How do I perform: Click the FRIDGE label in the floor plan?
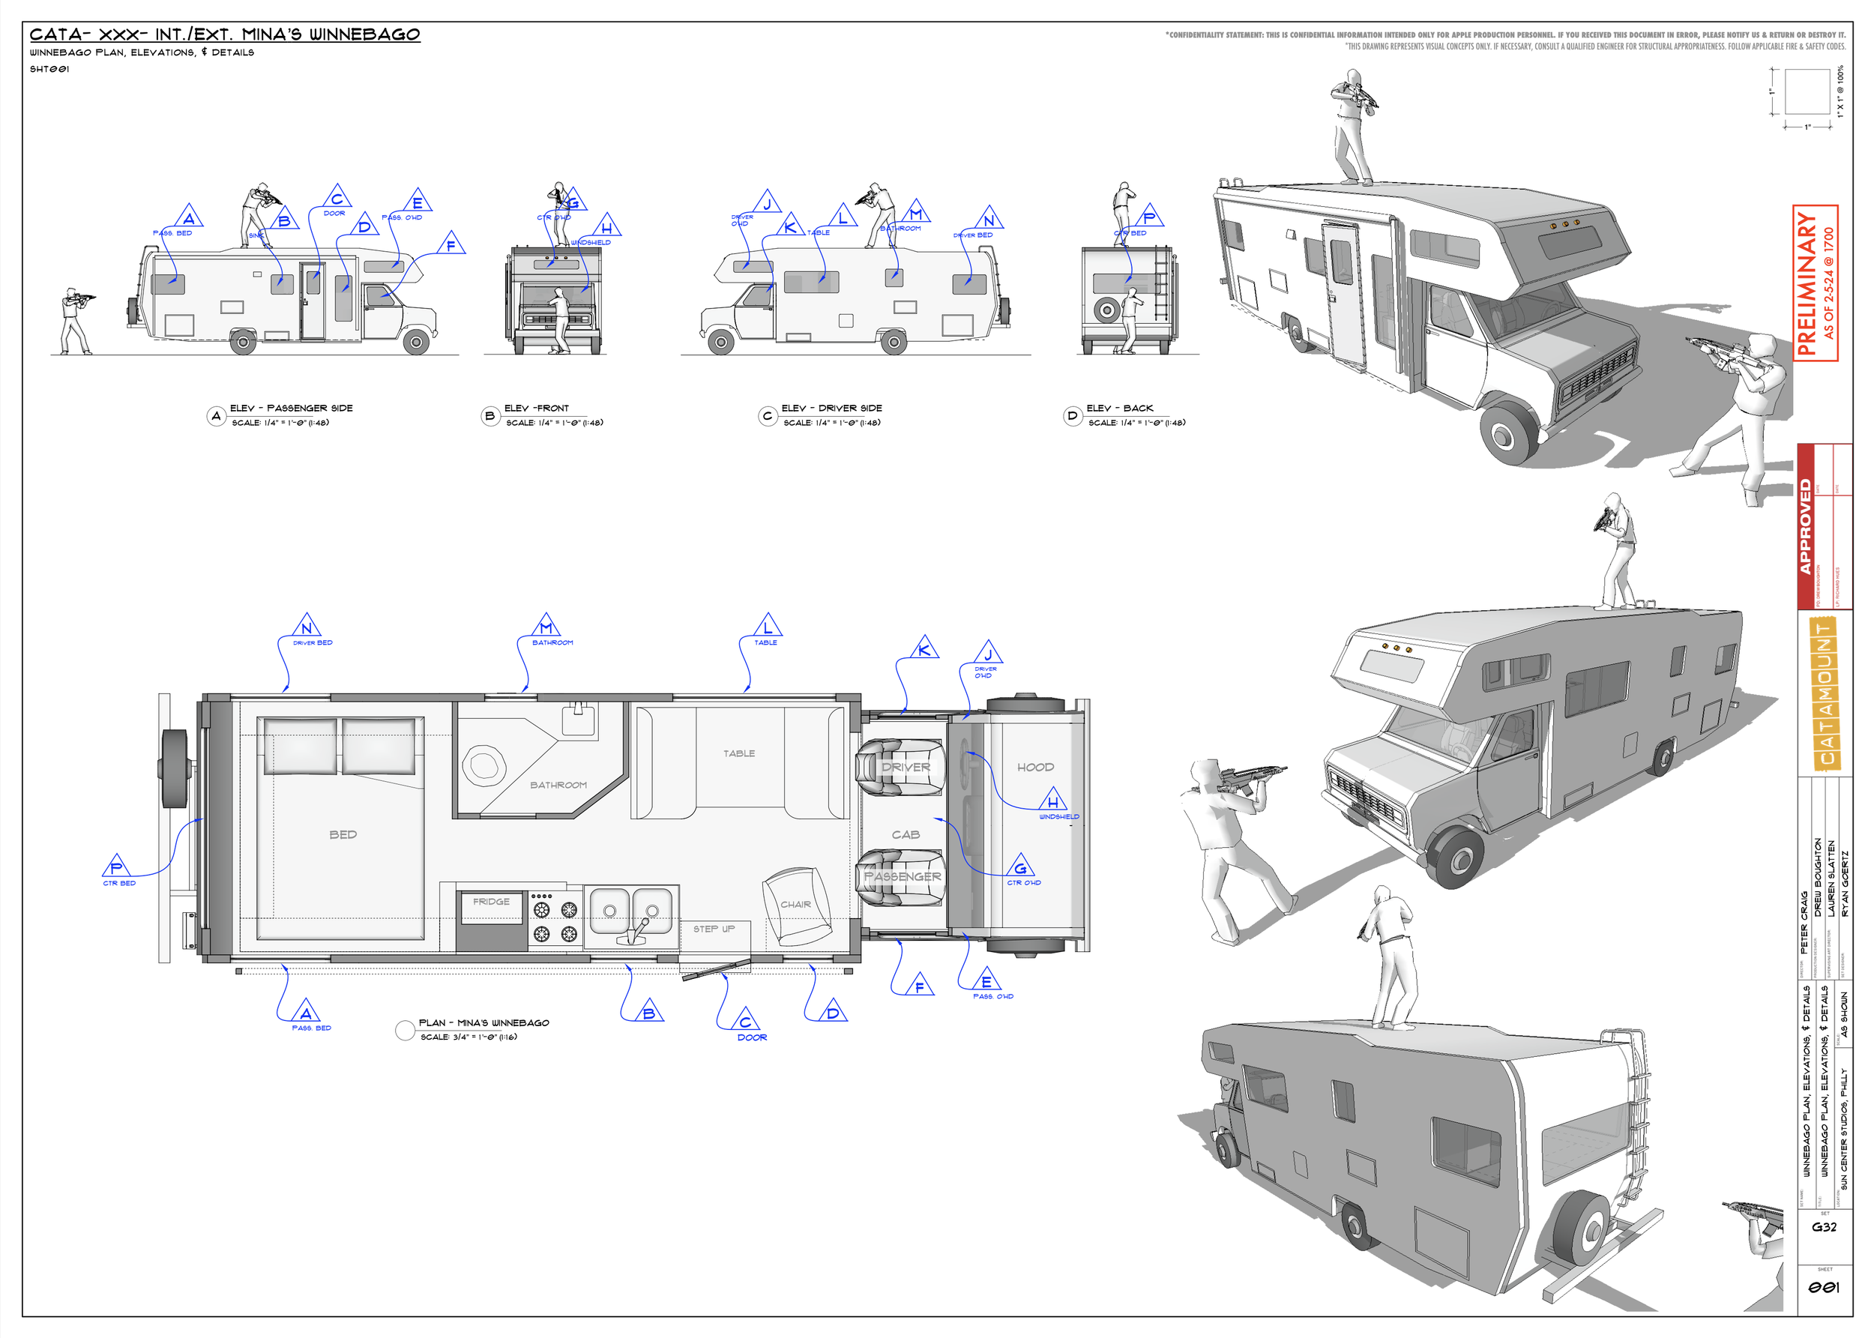click(491, 901)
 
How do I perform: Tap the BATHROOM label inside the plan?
click(558, 785)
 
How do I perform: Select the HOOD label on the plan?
click(1035, 767)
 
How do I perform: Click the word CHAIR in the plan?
click(796, 905)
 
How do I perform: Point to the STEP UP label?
click(714, 929)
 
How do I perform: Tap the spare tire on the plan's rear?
click(175, 768)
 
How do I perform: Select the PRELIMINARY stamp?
click(1815, 283)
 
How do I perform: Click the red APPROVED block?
click(1806, 526)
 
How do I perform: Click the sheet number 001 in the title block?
click(1824, 1288)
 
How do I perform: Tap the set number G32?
click(1824, 1227)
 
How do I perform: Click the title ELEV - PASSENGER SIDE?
click(291, 408)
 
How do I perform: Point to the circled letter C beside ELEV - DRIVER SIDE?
click(768, 416)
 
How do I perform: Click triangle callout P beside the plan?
click(116, 867)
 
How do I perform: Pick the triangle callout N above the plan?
click(307, 627)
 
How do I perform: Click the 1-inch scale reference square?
click(1807, 91)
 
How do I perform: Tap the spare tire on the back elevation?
click(1107, 310)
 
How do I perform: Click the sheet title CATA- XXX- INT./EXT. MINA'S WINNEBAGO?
click(225, 34)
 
